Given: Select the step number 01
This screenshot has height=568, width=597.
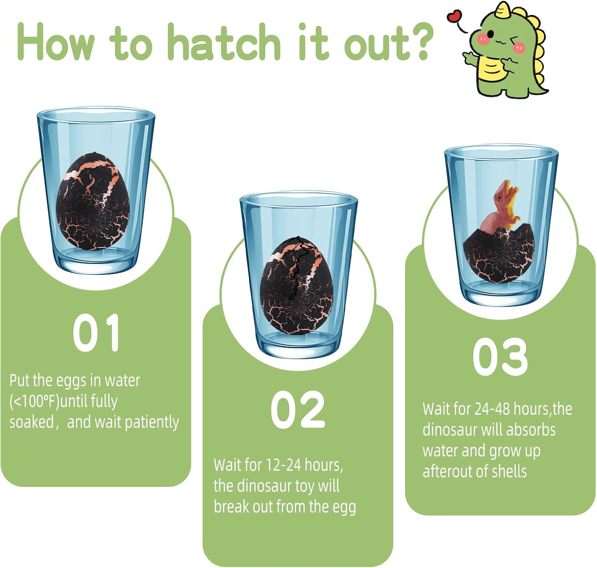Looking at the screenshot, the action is click(x=96, y=333).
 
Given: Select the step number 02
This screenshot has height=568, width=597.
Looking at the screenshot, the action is click(x=298, y=409).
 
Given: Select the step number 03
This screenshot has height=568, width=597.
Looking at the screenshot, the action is click(x=500, y=356).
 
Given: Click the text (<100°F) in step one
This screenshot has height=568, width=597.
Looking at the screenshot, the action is click(x=34, y=402).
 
